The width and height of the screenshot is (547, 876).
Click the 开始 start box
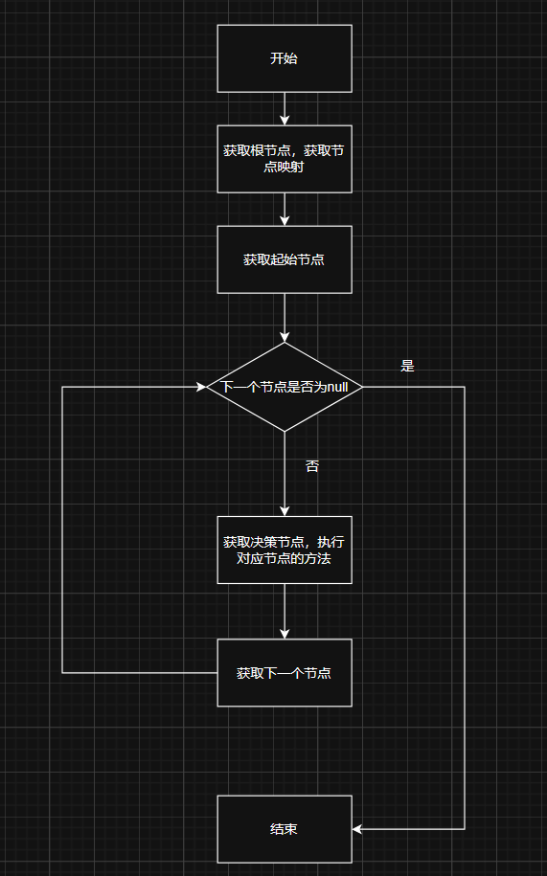(285, 58)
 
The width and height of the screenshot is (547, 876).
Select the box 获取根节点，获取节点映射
(285, 159)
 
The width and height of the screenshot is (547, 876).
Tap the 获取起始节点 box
(285, 259)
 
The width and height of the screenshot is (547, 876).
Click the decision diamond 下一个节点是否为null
(285, 387)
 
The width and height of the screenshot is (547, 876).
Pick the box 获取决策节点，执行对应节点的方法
(285, 550)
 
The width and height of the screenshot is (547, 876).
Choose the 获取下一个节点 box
(285, 673)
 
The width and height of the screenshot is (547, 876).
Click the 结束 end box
(285, 830)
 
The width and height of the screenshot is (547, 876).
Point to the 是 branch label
(407, 366)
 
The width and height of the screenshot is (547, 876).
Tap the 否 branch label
(312, 466)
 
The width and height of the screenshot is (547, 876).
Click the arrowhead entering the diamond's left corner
(202, 387)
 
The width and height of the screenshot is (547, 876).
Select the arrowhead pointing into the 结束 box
(357, 830)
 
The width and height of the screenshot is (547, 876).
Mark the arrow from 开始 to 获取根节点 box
(285, 109)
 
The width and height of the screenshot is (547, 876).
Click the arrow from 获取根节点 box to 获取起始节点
(285, 210)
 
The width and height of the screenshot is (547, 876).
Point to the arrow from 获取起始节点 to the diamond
(285, 318)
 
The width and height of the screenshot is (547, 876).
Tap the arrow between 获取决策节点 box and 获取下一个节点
(285, 612)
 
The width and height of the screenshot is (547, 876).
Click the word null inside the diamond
(337, 387)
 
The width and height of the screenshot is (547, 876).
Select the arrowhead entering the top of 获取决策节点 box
(285, 511)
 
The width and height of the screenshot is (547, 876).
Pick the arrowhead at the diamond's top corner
(285, 337)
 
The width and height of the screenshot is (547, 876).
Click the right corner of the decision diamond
(363, 387)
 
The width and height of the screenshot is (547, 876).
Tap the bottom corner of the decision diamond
(285, 432)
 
